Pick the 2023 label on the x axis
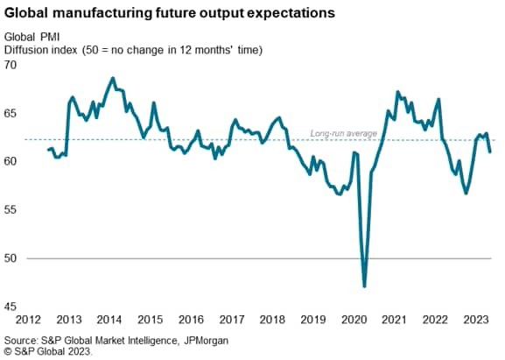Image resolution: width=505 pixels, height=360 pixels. (x=475, y=319)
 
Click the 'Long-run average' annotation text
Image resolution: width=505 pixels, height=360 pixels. (x=344, y=134)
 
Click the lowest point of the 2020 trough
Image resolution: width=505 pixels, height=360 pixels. (x=364, y=286)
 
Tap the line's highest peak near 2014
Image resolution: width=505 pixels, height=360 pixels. (x=113, y=78)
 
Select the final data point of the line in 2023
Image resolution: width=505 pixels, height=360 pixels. (x=489, y=152)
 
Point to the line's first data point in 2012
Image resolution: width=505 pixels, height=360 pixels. (x=48, y=150)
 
